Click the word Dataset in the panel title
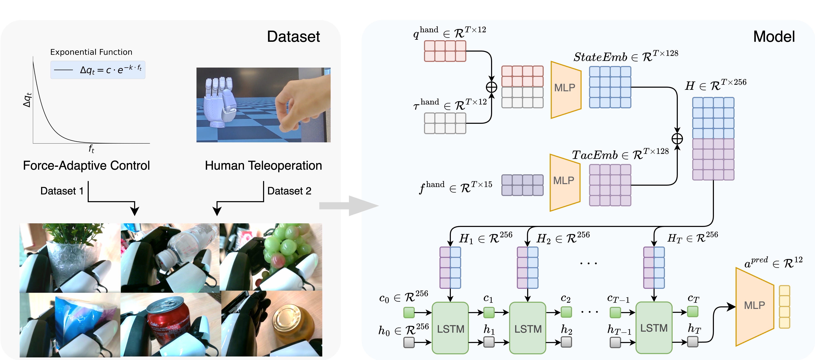pos(293,37)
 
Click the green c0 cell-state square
pos(409,313)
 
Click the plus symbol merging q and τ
pos(491,87)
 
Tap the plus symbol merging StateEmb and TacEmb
pos(677,139)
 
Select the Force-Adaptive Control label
pos(86,165)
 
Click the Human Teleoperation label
pos(263,165)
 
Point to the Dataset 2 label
pos(289,191)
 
